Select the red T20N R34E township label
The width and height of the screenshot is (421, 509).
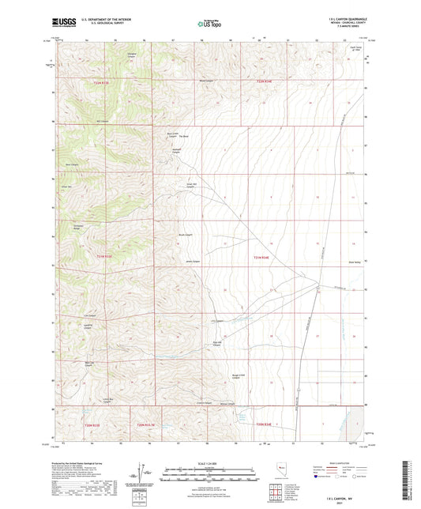pos(262,425)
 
